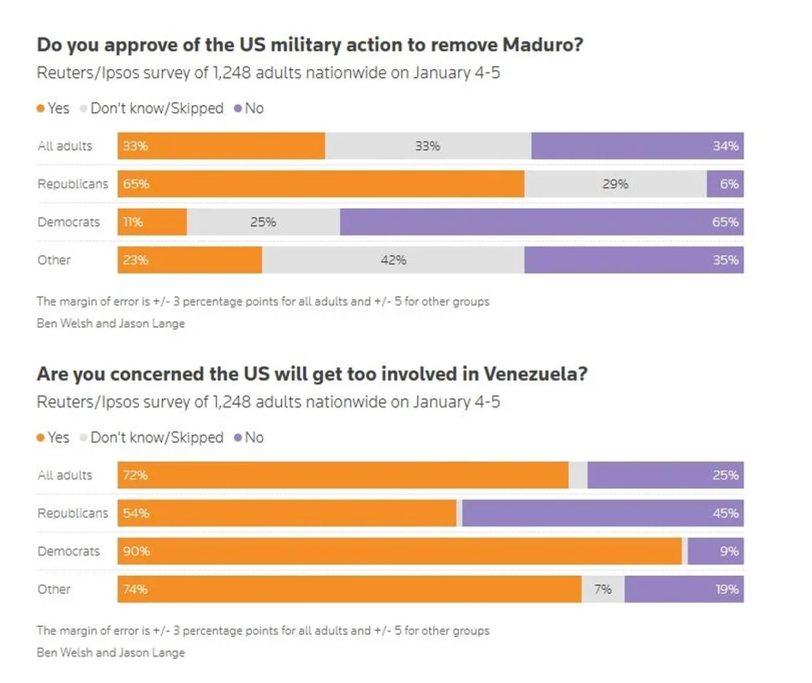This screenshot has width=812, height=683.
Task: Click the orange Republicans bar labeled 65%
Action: tap(320, 184)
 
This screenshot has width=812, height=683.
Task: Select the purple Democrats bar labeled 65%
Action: tap(541, 222)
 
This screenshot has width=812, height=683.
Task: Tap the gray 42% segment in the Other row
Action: tap(393, 260)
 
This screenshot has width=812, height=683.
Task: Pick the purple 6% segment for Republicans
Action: tap(725, 184)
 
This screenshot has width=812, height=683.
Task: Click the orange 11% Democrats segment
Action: tap(152, 222)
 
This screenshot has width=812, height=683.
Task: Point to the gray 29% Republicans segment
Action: tap(615, 184)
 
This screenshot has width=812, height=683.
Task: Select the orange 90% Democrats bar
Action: tap(399, 551)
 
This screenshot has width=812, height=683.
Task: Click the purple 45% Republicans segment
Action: tap(603, 514)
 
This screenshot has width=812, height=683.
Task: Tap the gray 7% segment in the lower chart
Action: tap(603, 589)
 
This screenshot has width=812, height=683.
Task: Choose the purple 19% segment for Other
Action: tap(684, 589)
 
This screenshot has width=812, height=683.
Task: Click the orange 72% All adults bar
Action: tap(343, 475)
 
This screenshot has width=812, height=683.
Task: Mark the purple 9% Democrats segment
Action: tap(715, 551)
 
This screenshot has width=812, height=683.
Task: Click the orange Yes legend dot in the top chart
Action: tap(40, 109)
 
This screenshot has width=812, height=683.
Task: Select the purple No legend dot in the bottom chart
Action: tap(237, 437)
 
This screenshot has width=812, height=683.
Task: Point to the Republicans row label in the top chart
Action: tap(73, 184)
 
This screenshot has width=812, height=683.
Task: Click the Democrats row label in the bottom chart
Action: tap(69, 551)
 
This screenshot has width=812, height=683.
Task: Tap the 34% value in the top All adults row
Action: tap(725, 146)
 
